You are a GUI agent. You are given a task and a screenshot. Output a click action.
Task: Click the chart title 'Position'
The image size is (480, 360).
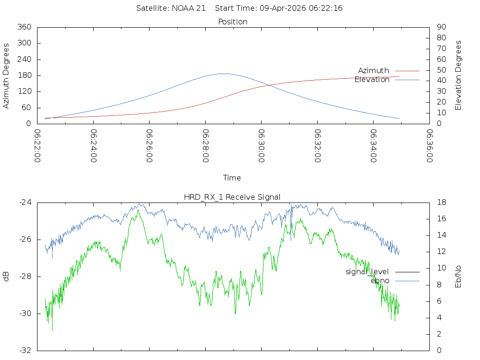[232, 22]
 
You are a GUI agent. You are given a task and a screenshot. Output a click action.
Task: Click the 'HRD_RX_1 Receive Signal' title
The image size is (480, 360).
[232, 197]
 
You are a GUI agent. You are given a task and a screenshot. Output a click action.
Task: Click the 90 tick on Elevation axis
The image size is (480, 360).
[441, 27]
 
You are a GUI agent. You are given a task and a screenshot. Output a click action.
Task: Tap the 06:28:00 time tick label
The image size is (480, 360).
[206, 146]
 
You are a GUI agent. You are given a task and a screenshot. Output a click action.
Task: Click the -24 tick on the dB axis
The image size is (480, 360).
[24, 202]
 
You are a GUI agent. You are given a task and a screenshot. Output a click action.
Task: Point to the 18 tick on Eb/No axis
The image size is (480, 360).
[441, 202]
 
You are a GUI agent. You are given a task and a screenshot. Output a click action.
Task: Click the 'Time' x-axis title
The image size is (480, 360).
[232, 178]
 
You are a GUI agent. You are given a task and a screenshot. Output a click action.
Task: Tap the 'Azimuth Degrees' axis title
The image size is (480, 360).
[7, 75]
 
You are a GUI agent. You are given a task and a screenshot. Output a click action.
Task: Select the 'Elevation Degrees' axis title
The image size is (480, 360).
[458, 75]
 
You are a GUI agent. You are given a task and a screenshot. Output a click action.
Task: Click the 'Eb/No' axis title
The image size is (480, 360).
[458, 277]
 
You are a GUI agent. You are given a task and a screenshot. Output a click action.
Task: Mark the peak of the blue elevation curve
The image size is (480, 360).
[224, 74]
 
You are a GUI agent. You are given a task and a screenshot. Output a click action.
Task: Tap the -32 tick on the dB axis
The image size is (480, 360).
[24, 350]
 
